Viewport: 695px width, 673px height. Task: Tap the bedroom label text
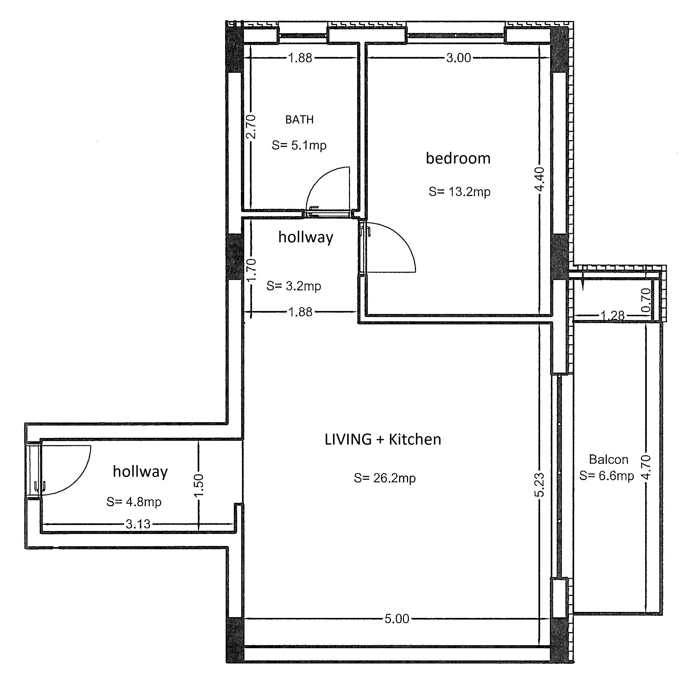point(458,158)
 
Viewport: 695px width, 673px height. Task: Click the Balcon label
point(608,460)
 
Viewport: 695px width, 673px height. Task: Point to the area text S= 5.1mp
point(299,145)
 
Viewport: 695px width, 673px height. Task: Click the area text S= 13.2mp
point(460,192)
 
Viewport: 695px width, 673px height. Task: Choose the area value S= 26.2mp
point(385,478)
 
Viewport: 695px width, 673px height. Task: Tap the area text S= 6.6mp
point(607,476)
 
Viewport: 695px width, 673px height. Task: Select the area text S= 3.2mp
point(294,286)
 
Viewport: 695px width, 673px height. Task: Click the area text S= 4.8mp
point(134,502)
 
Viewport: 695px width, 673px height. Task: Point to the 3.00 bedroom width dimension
point(458,58)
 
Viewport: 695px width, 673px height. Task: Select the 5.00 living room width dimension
point(397,619)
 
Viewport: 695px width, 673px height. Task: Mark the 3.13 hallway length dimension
point(138,524)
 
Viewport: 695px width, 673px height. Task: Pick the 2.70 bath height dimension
point(251,127)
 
